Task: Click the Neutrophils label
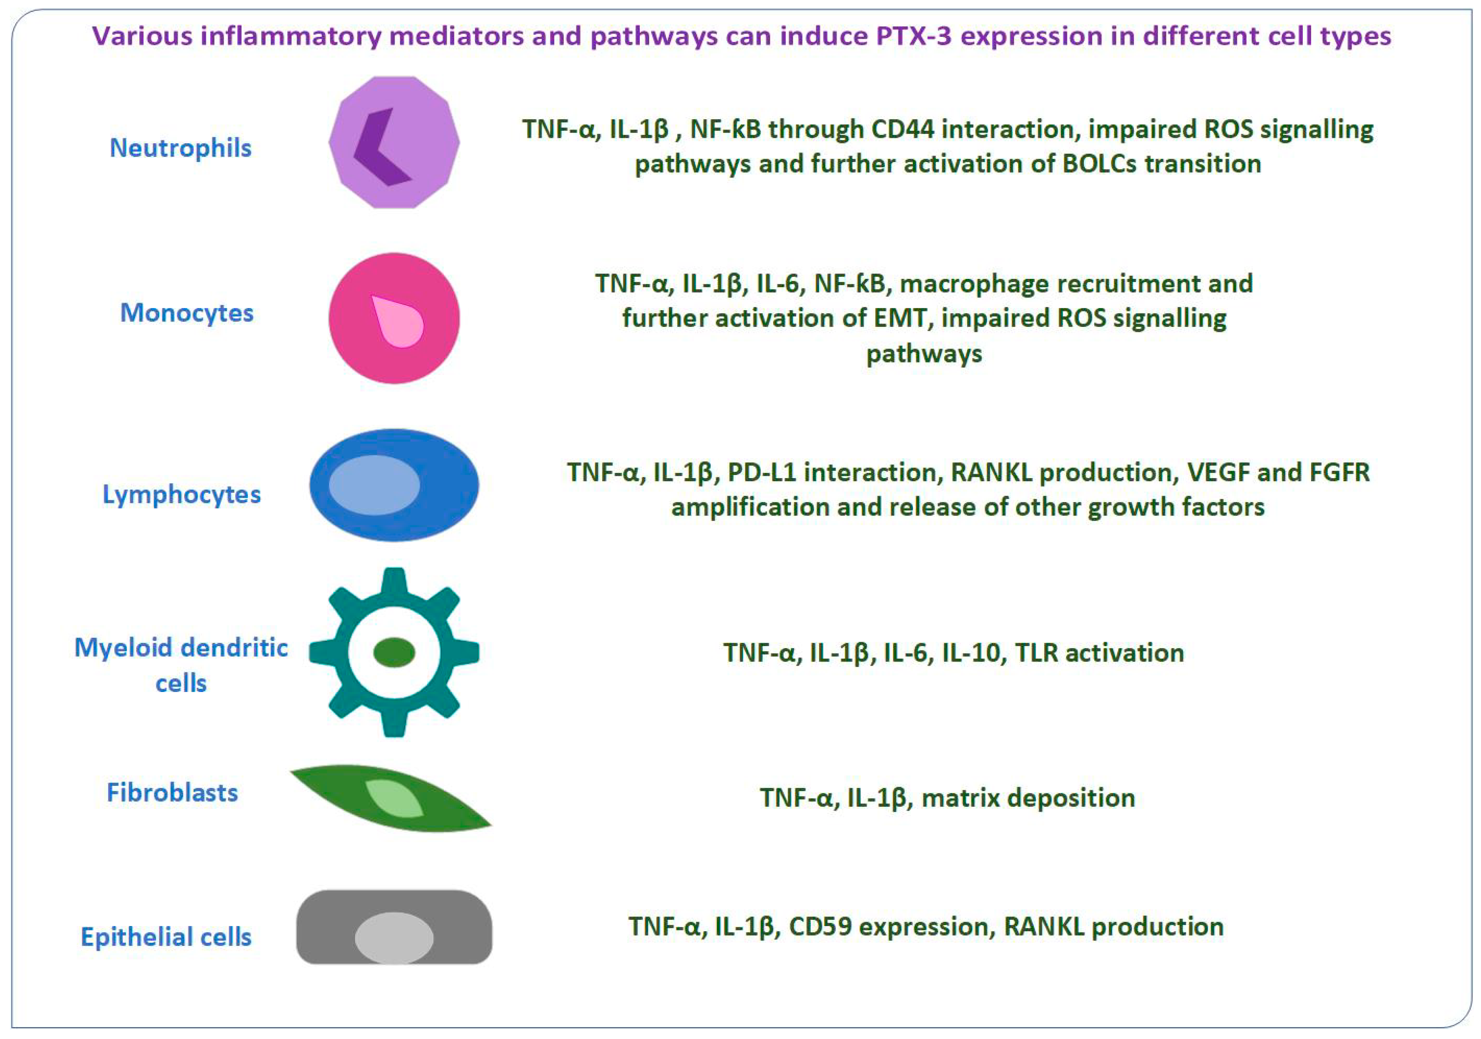pos(181,148)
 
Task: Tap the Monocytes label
pos(187,313)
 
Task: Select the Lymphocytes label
pos(182,494)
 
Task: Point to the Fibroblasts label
pos(172,793)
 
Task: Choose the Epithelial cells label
pos(166,937)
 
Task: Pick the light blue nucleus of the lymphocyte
pos(374,485)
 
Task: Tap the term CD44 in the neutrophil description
pos(902,130)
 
